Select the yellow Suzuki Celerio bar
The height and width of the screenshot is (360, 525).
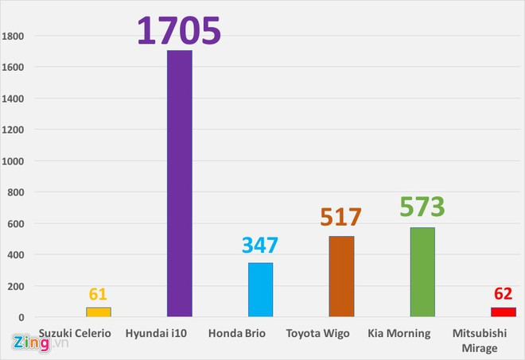[x=99, y=312]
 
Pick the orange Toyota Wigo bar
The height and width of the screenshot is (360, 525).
[x=341, y=277]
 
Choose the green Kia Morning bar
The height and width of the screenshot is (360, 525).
[x=422, y=272]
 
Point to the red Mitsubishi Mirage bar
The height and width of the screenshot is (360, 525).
[x=503, y=312]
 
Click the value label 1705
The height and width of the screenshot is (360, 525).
[x=178, y=30]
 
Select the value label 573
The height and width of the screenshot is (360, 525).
[x=422, y=207]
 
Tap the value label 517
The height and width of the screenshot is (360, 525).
[x=341, y=217]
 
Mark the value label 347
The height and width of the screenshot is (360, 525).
[x=260, y=246]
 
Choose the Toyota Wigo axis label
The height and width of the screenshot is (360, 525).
[x=324, y=333]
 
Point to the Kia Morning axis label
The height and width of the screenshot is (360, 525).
[x=399, y=333]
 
